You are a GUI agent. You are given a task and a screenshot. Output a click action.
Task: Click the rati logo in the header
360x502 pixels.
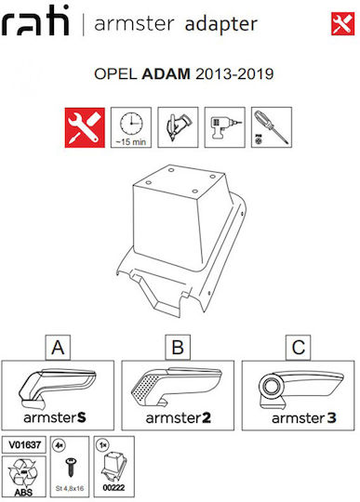point(35,20)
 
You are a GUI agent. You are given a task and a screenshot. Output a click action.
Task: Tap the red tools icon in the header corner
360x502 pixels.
point(342,23)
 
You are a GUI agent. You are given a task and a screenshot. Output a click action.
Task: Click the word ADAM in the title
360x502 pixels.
point(166,74)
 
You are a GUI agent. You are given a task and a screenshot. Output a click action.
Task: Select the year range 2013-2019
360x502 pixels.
point(234,74)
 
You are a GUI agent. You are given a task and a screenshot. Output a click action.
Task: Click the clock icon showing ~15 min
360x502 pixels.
point(131,127)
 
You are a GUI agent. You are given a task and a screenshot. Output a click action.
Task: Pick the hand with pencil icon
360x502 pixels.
point(178,127)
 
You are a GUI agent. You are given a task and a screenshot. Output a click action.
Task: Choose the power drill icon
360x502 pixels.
point(224,127)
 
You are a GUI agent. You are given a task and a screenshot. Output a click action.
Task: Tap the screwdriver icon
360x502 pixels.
point(272,127)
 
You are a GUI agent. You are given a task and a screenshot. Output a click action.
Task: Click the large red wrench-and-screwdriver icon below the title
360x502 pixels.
point(85,127)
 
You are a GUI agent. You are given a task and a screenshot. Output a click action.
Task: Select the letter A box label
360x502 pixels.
point(58,348)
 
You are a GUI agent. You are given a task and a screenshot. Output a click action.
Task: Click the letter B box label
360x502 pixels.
point(178,348)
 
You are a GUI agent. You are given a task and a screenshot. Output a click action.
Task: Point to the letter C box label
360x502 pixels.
point(299,348)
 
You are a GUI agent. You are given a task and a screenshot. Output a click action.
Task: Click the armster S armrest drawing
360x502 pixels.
point(58,389)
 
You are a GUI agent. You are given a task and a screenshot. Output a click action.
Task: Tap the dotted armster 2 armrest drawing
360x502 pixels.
point(176,387)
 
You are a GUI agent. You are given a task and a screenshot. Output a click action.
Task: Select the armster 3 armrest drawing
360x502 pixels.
point(300,390)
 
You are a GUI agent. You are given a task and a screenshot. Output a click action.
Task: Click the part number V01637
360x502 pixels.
point(24,444)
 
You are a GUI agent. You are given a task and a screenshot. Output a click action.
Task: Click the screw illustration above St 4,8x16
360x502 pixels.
point(71,467)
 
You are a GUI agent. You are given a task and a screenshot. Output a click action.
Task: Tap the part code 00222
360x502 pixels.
point(113,488)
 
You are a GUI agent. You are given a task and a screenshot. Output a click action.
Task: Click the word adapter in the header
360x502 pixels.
point(221,24)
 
